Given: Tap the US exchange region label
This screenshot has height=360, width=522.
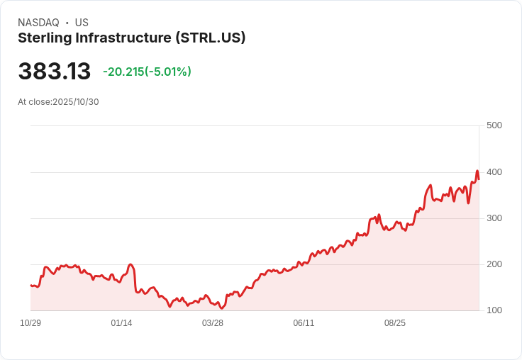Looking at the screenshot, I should pos(82,23).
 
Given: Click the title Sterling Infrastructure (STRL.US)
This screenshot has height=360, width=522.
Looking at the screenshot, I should pos(131,38).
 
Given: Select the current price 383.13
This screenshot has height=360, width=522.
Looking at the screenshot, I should pos(55,72).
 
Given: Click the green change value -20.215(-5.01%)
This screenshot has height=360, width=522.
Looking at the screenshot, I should pos(147,72).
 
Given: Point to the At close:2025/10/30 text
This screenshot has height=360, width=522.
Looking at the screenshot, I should pos(58,101).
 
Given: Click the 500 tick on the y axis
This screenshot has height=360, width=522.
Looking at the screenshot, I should pos(494,125).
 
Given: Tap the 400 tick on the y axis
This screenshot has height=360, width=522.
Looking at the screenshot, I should pos(494,172).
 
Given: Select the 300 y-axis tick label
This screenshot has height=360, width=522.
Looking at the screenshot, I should pos(494,218).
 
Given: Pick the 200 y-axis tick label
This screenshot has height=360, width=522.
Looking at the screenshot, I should pos(494,264).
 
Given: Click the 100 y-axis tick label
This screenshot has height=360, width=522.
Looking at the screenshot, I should pos(494,310).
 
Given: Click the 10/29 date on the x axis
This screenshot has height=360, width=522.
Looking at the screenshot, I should pos(30,323).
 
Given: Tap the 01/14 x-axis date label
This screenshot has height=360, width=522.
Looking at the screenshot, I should pos(121,323).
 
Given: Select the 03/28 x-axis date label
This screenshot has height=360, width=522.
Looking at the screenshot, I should pos(213,323).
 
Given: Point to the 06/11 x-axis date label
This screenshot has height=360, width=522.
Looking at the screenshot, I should pos(304,323).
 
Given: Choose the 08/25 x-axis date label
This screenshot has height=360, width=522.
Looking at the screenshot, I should pos(395,323).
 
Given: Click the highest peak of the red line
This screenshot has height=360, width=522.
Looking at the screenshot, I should pos(477,171).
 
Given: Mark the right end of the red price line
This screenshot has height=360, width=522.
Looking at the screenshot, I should pos(479,179).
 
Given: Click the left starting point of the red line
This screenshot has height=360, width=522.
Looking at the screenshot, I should pos(30,285).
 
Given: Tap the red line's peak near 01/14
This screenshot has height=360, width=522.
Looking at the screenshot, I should pos(130,264).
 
